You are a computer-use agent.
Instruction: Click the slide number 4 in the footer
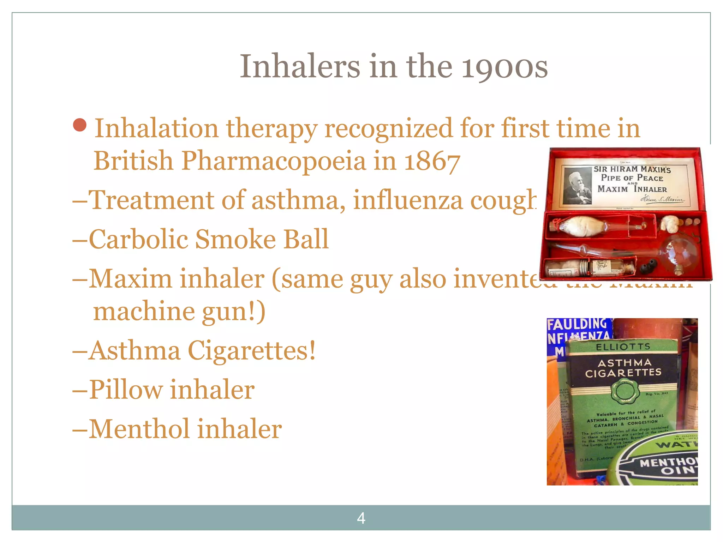coord(361,518)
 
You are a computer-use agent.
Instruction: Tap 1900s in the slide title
coord(505,67)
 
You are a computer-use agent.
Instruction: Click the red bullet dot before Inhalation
coord(80,125)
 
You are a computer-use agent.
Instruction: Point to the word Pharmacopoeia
coord(274,161)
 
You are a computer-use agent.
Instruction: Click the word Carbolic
coord(138,239)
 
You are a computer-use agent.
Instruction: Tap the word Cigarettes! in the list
coord(252,351)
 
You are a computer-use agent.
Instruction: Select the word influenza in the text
coord(408,200)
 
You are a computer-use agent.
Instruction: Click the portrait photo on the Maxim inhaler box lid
coord(577,186)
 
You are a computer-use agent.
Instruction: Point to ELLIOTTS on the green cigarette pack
coord(623,347)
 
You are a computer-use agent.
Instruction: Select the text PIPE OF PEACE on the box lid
coord(632,178)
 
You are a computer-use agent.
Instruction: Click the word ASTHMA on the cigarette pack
coord(624,363)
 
